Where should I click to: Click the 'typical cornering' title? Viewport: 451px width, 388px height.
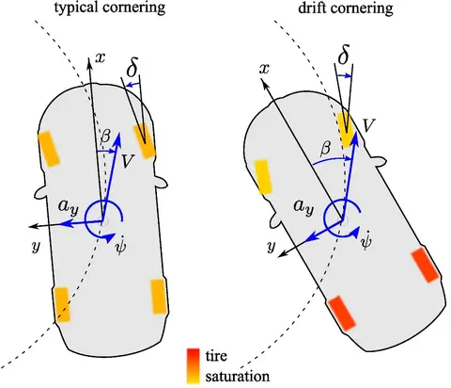point(110,8)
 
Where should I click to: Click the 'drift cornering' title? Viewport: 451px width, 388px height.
point(346,8)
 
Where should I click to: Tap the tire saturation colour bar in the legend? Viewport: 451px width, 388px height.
point(194,365)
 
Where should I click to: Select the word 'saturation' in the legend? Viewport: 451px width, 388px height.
point(238,376)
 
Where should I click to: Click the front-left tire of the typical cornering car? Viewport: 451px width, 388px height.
point(49,149)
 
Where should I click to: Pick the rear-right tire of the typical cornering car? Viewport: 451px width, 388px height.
point(159,297)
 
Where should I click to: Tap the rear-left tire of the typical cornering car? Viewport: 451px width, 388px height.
point(62,304)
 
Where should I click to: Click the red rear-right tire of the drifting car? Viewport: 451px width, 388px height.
point(426,265)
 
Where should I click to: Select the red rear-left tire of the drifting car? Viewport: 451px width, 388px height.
point(342,313)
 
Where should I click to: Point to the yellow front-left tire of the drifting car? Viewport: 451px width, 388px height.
point(263,176)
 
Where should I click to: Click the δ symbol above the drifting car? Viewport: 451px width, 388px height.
point(344,55)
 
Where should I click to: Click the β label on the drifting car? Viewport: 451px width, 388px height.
point(326,147)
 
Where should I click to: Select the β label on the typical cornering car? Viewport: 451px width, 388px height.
point(105,136)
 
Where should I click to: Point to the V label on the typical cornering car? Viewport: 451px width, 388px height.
point(128,161)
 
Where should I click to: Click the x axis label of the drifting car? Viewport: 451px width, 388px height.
point(265,69)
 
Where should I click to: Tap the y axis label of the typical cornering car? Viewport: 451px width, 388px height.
point(37,247)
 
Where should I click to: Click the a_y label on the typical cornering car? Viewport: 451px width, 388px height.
point(68,207)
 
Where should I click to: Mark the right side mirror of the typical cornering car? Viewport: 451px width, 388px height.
point(162,183)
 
